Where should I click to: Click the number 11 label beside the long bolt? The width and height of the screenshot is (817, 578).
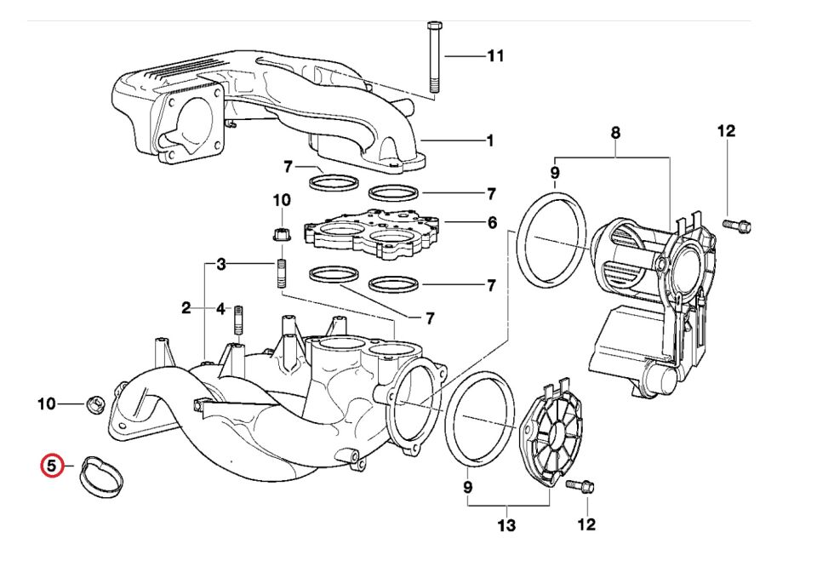495,56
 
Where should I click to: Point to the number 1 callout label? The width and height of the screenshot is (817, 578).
489,140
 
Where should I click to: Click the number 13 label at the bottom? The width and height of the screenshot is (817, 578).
506,526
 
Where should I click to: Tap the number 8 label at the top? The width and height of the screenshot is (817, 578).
615,133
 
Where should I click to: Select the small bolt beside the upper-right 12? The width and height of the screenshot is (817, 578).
736,226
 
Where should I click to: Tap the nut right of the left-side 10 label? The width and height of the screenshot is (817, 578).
96,403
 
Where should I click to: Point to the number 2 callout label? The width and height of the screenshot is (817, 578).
186,308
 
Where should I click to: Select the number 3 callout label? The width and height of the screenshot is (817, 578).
220,265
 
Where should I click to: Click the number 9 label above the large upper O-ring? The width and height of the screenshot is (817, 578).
555,174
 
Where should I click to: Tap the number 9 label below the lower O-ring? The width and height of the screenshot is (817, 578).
467,489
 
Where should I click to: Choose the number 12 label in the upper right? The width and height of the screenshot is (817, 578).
725,131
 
